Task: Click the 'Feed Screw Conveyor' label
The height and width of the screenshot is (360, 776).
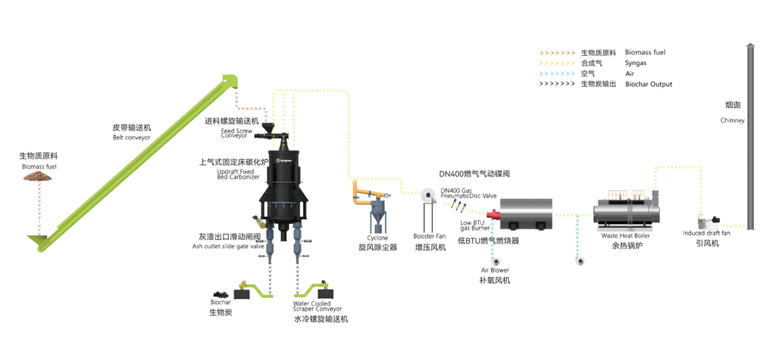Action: click(236, 133)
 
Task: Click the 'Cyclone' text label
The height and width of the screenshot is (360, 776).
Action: click(377, 237)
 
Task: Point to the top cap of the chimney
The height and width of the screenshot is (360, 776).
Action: click(751, 46)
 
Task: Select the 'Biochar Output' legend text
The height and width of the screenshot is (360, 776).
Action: click(648, 84)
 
